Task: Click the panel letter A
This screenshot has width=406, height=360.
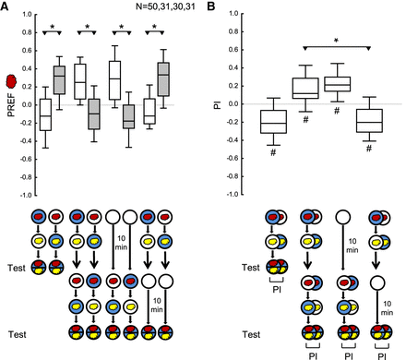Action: coord(5,6)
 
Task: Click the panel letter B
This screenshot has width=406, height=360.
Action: coord(211,6)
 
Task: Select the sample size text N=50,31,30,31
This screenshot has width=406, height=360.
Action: coord(165,6)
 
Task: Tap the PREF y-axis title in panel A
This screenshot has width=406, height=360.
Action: coord(12,105)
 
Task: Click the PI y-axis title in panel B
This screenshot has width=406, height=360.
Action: coord(218,105)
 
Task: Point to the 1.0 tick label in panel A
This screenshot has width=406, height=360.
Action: coord(27,14)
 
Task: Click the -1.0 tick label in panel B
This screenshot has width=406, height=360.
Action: coord(233,195)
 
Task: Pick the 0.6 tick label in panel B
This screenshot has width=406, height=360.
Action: coord(234,50)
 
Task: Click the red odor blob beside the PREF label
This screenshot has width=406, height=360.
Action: coord(12,81)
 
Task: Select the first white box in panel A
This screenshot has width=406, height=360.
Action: coord(45,114)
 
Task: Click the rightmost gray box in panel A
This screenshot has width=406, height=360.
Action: coord(163,79)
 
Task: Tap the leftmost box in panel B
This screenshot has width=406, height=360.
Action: coord(273,122)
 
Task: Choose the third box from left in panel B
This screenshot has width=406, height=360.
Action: coord(337,84)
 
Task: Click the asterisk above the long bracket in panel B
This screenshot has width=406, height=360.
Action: coord(337,41)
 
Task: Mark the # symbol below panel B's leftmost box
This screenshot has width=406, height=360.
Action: coord(273,152)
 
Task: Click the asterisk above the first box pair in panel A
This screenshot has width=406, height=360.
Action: coord(53,27)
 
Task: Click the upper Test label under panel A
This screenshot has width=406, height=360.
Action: coord(17,268)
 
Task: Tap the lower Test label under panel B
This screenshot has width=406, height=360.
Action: coord(251,334)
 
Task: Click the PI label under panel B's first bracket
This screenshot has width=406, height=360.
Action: coord(277,290)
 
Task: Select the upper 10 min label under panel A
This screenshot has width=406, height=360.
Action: coord(121,243)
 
